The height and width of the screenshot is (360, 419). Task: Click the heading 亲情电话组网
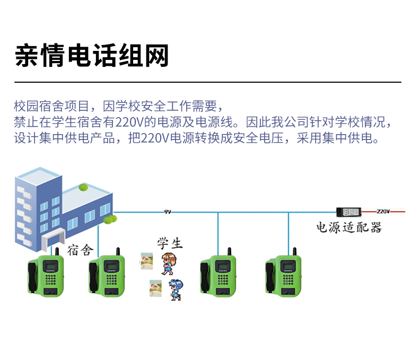[x=92, y=56]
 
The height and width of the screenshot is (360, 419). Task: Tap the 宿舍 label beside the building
[x=80, y=250]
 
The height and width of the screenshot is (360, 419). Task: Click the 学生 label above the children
[x=170, y=243]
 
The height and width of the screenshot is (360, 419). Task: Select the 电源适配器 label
[x=348, y=227]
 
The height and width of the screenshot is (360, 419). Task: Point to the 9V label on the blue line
[x=168, y=212]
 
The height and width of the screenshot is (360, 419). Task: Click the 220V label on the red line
[x=383, y=211]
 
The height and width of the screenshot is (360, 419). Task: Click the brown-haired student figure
[x=169, y=264]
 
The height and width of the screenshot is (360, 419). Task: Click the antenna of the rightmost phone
[x=294, y=251]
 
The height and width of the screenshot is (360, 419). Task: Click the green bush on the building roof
[x=83, y=187]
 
